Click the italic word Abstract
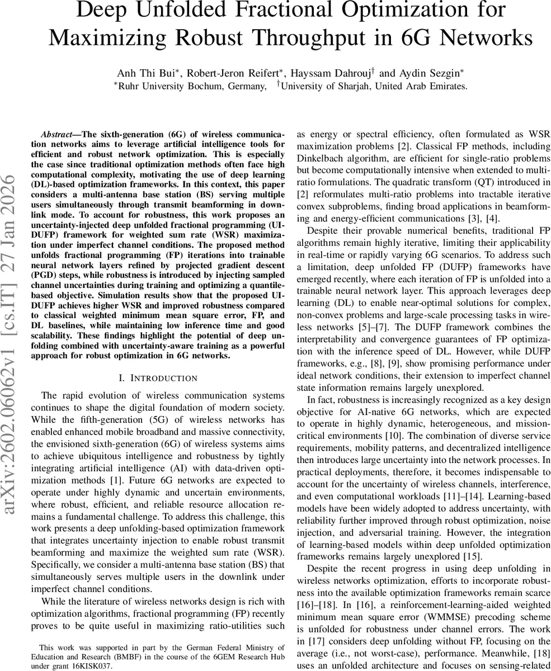(x=56, y=135)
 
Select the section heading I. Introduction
(x=158, y=378)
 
